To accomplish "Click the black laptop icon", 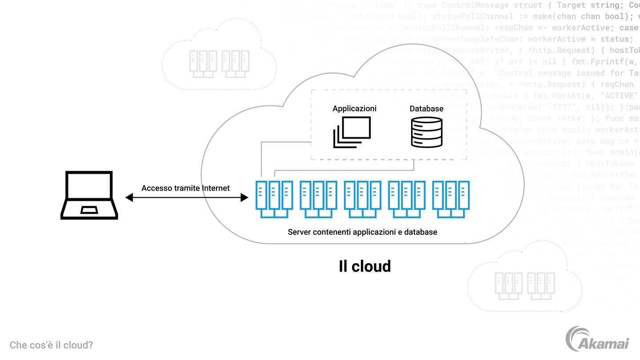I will coord(89,195).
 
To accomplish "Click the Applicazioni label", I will coord(354,108).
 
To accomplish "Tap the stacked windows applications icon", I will coord(352,132).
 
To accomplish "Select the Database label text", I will coord(426,108).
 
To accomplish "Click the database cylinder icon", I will coord(426,132).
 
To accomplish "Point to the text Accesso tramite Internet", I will coord(185,188).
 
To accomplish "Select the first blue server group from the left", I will coord(274,199).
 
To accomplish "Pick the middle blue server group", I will coord(362,199).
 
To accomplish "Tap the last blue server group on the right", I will coord(451,199).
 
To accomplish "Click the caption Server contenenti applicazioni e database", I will coord(362,232).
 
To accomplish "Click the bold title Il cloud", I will coord(364,266).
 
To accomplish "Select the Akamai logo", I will coord(597,339).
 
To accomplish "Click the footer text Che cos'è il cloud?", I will coord(51,345).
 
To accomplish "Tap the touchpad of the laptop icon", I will coord(90,210).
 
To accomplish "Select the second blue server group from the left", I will coord(318,199).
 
